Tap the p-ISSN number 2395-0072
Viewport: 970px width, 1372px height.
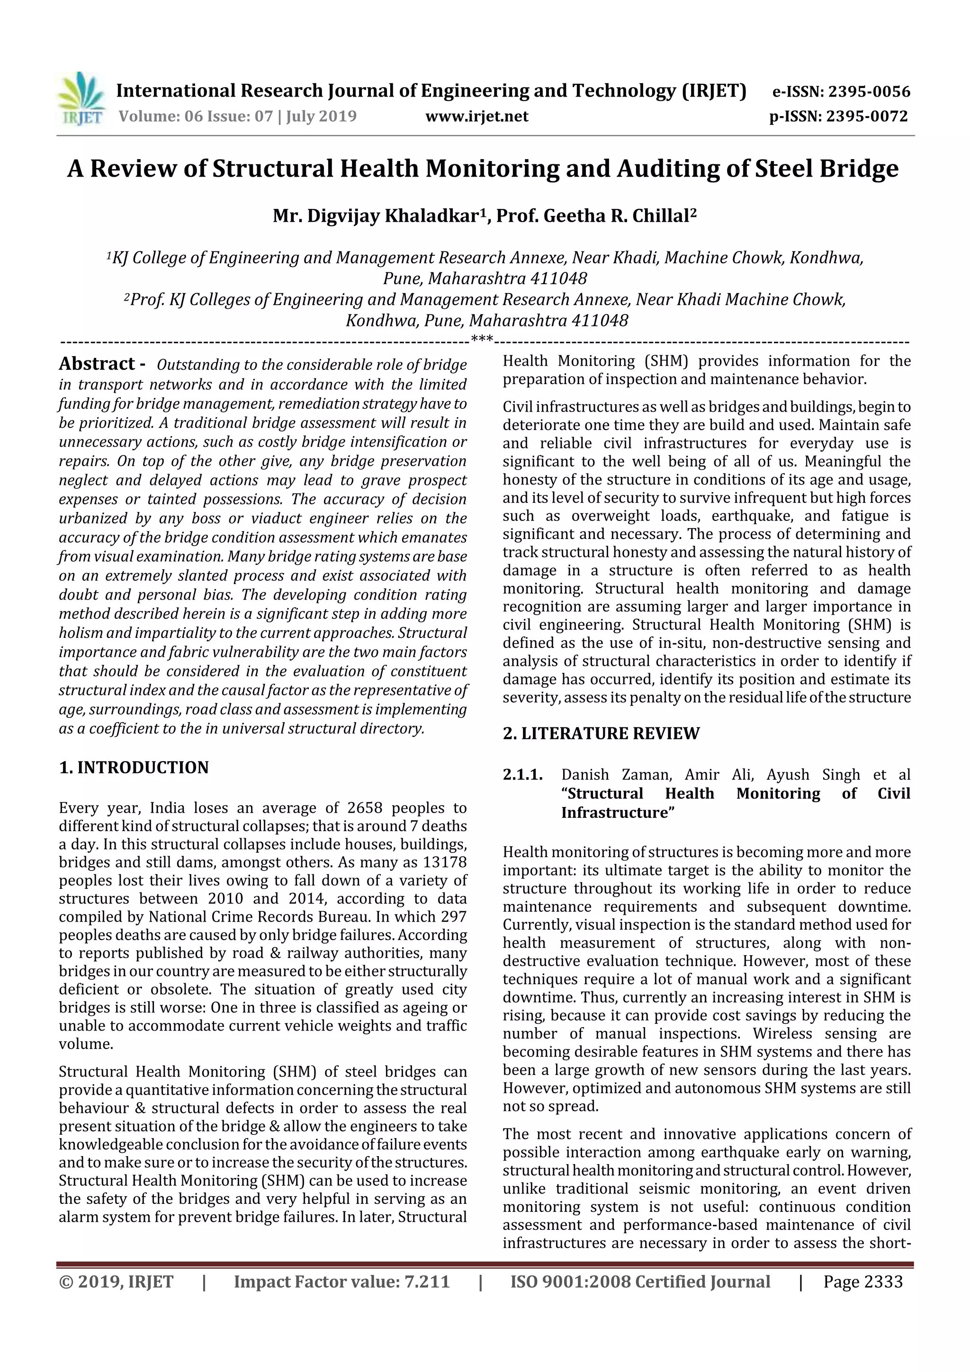[x=867, y=117]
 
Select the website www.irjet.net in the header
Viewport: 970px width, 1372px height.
[x=476, y=117]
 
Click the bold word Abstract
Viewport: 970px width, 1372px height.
[x=97, y=364]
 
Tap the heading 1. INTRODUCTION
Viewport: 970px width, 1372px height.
[x=134, y=767]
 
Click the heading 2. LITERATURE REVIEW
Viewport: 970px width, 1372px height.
[x=601, y=733]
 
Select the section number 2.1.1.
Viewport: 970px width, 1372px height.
[x=522, y=775]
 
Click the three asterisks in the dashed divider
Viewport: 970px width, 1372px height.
[x=482, y=340]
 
